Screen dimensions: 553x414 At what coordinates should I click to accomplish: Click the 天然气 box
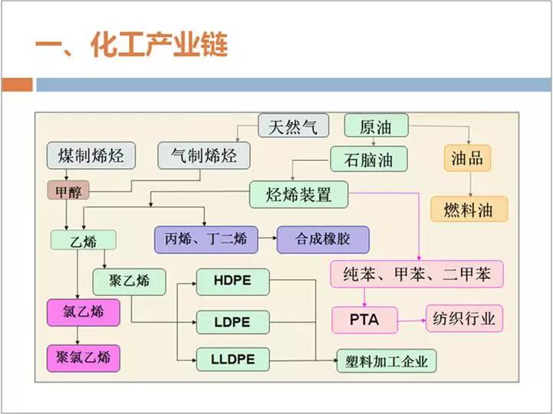[x=294, y=126]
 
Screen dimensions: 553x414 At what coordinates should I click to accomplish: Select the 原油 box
[x=377, y=125]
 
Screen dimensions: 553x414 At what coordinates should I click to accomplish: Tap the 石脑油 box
[x=369, y=159]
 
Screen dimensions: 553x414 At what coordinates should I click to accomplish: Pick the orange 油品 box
[x=467, y=158]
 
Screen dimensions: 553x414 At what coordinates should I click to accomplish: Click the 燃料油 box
[x=469, y=209]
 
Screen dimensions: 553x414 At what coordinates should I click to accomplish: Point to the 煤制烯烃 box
[x=91, y=156]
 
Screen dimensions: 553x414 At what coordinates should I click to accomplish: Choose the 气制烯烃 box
[x=204, y=156]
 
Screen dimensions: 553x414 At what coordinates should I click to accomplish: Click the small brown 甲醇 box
[x=68, y=190]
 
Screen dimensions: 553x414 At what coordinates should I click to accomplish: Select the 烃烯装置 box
[x=298, y=194]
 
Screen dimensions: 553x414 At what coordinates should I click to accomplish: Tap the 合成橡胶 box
[x=323, y=240]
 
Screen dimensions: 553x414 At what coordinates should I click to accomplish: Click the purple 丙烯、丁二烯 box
[x=206, y=240]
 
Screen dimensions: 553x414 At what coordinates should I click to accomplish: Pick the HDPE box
[x=232, y=281]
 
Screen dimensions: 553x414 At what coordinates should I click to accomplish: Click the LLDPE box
[x=232, y=360]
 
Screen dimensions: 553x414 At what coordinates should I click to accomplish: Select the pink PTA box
[x=364, y=320]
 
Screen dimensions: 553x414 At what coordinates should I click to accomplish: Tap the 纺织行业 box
[x=464, y=319]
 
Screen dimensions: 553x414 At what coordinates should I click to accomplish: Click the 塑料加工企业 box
[x=387, y=361]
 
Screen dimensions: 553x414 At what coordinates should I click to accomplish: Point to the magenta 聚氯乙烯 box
[x=84, y=358]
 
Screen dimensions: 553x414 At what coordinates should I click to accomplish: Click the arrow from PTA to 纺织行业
[x=412, y=320]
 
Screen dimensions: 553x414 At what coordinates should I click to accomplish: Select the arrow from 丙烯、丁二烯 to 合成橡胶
[x=268, y=238]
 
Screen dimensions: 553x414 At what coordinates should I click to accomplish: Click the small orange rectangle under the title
[x=17, y=85]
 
